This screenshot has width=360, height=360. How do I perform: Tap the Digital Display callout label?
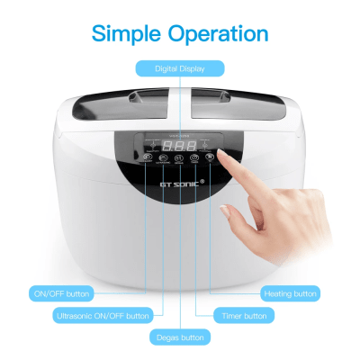pos(179,67)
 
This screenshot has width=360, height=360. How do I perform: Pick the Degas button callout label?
pos(179,337)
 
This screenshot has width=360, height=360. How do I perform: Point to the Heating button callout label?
pos(290,293)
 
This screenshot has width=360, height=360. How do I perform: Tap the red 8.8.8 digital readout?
pos(180,145)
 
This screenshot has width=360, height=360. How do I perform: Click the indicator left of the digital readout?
pos(153,145)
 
